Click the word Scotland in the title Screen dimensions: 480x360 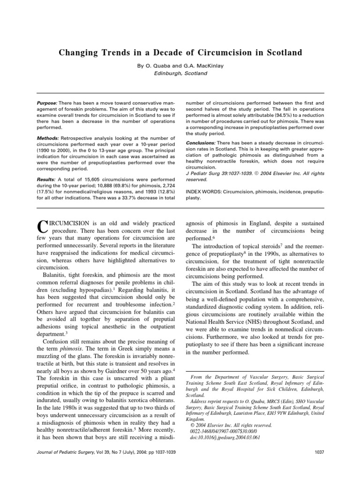280,52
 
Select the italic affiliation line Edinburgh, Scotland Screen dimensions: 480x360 180,74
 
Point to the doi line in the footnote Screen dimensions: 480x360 224,438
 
